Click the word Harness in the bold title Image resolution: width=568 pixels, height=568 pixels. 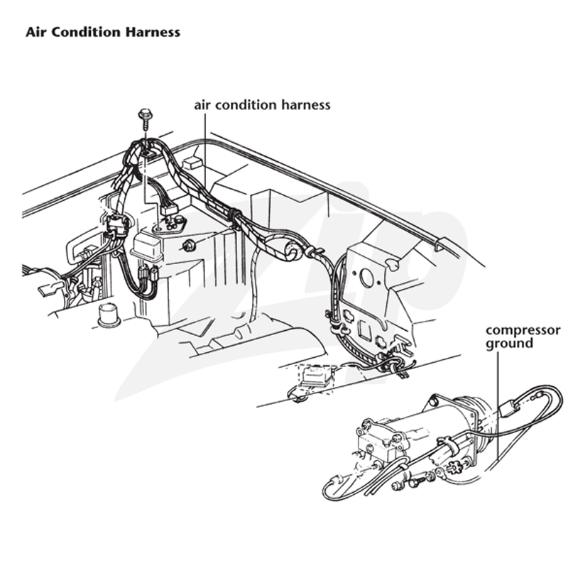[153, 32]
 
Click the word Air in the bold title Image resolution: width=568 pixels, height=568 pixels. [36, 32]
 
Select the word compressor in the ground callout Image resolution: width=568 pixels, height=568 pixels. [523, 331]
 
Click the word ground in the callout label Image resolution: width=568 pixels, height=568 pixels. [509, 344]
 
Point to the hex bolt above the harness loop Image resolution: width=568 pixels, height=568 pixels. [146, 119]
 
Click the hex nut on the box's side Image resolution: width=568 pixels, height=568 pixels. [188, 246]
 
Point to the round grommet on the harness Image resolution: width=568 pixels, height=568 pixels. [293, 251]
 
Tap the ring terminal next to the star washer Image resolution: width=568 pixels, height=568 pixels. [439, 471]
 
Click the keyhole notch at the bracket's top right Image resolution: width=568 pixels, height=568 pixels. [393, 264]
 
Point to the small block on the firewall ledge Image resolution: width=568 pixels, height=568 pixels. [191, 163]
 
